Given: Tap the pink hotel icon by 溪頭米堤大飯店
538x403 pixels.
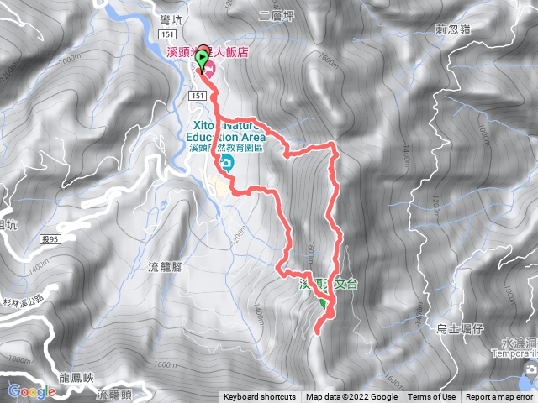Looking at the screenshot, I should pyautogui.click(x=210, y=68).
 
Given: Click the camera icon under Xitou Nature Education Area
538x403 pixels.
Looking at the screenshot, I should pyautogui.click(x=225, y=162).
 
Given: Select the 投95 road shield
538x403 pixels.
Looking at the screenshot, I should pyautogui.click(x=51, y=240).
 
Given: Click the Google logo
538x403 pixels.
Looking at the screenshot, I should pyautogui.click(x=31, y=391).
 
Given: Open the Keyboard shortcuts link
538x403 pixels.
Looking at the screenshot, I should pyautogui.click(x=260, y=397).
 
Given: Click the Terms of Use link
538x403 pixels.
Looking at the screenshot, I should pyautogui.click(x=432, y=397).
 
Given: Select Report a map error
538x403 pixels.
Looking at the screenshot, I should pyautogui.click(x=499, y=397).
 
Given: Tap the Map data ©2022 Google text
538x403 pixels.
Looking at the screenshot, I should pyautogui.click(x=351, y=397).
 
